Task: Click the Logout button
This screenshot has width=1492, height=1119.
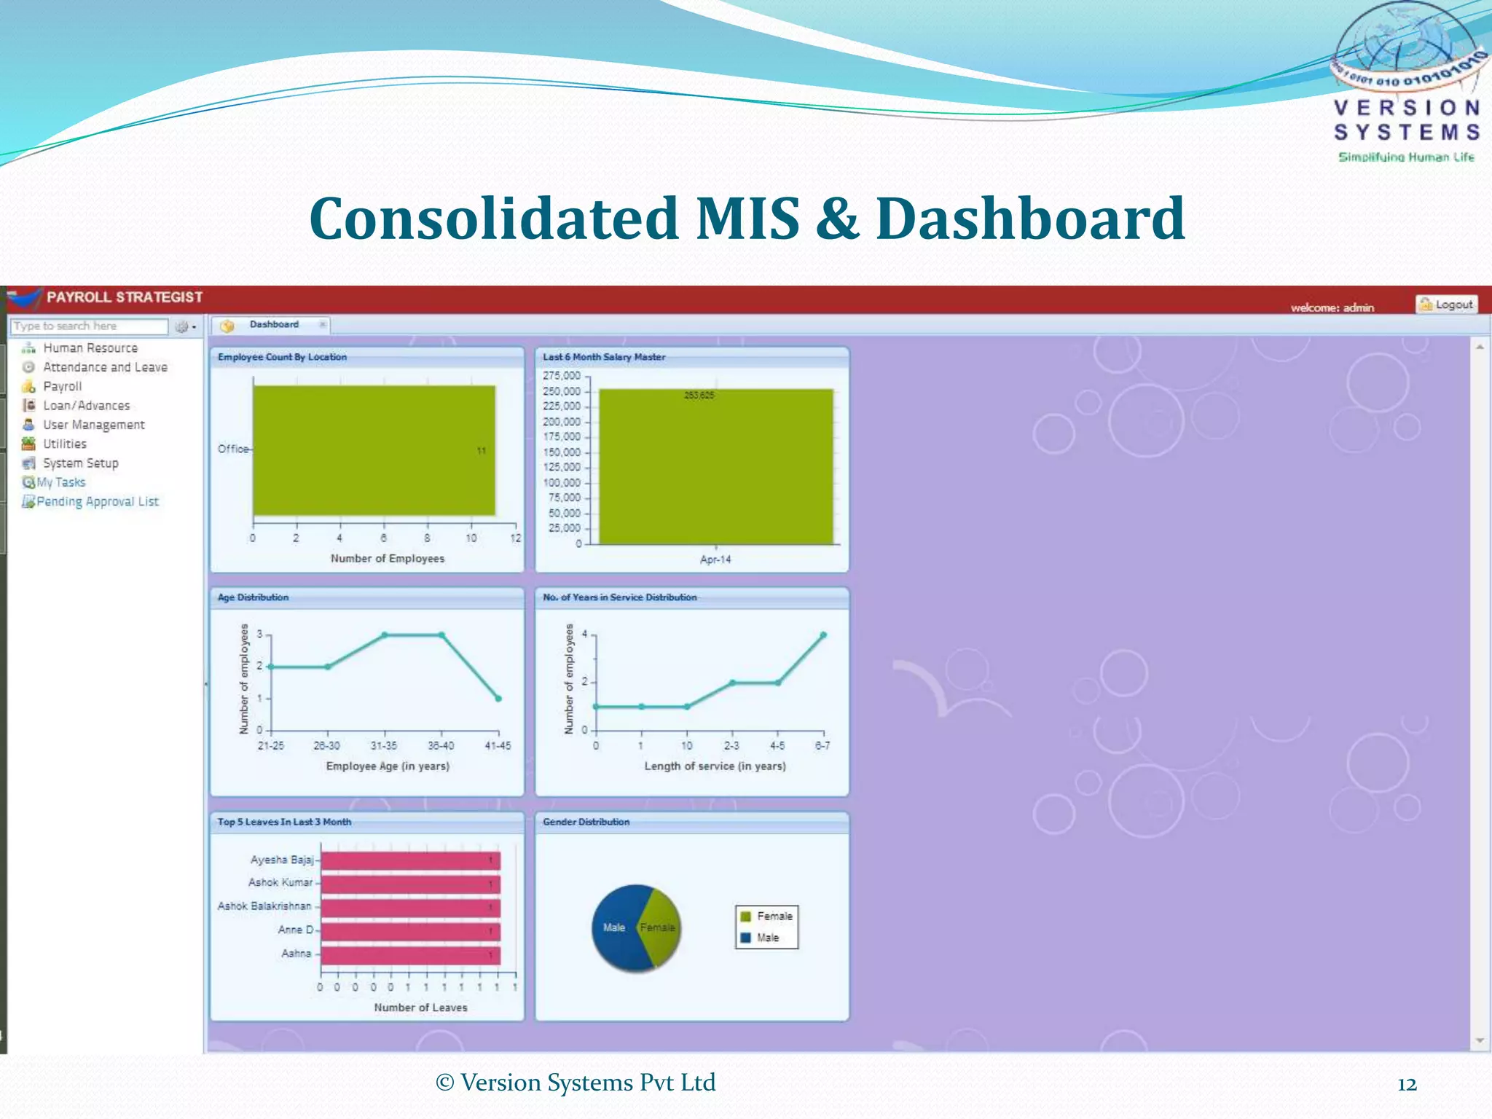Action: (1446, 305)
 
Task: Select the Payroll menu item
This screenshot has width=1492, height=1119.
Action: (62, 386)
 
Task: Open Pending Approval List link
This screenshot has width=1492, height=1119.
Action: (97, 501)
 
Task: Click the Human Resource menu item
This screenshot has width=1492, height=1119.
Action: (90, 348)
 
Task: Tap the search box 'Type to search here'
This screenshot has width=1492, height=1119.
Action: (88, 326)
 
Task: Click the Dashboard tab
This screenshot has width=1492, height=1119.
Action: (274, 325)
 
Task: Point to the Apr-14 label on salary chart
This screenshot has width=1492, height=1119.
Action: (715, 559)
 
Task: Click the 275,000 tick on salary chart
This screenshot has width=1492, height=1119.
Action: (561, 376)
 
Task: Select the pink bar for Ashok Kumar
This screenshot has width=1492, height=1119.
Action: (410, 884)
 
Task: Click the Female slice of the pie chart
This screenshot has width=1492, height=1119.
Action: (658, 927)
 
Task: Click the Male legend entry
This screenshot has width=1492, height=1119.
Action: (766, 938)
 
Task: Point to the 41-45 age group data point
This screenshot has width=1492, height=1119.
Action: (498, 699)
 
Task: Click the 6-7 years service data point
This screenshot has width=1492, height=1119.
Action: (823, 635)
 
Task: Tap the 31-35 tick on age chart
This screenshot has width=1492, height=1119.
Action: (384, 746)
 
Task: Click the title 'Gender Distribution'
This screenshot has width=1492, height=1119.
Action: (586, 822)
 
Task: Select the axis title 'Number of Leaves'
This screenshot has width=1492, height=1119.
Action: (420, 1008)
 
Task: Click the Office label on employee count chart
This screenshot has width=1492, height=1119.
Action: (233, 449)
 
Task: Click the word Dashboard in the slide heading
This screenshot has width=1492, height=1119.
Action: (1030, 219)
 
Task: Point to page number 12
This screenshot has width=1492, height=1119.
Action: (1407, 1085)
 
